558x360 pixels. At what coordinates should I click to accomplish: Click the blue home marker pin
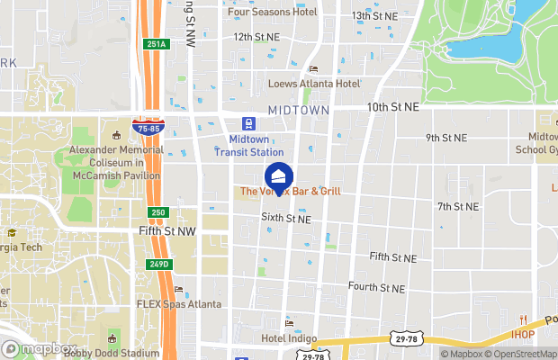[x=278, y=175]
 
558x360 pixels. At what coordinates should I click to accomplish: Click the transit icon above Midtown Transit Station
[x=247, y=124]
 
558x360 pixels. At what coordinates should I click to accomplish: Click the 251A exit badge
[x=154, y=44]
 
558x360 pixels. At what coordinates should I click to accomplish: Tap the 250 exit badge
[x=158, y=211]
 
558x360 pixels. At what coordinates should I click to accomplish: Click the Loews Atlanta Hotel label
[x=313, y=84]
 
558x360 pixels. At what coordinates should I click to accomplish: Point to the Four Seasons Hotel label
[x=273, y=12]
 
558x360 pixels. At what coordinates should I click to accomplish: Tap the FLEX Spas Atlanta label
[x=178, y=304]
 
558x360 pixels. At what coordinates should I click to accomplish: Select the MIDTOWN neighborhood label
[x=298, y=109]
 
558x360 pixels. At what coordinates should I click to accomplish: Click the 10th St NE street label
[x=392, y=106]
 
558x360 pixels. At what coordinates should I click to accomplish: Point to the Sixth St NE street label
[x=286, y=218]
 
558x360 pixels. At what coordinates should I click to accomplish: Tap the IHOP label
[x=522, y=336]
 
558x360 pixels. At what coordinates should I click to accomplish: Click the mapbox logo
[x=40, y=348]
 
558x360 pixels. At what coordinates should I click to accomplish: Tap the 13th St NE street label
[x=374, y=16]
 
